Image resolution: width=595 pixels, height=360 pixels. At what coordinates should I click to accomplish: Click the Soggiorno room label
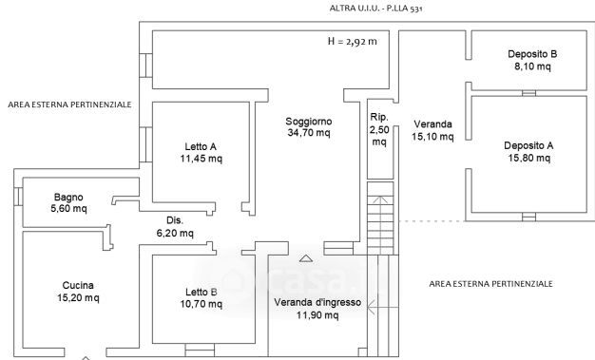click(x=309, y=122)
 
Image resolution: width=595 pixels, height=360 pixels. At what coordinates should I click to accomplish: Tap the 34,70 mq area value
click(x=309, y=133)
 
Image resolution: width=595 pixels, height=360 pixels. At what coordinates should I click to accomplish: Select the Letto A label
click(x=201, y=146)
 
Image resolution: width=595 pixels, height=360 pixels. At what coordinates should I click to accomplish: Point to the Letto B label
click(x=202, y=293)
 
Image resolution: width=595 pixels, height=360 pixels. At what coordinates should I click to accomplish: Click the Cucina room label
click(x=78, y=285)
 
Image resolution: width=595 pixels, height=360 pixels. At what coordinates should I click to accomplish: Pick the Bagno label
click(x=68, y=197)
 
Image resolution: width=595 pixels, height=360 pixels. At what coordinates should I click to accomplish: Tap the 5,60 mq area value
click(x=68, y=208)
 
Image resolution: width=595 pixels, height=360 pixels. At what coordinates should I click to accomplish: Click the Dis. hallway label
click(x=175, y=220)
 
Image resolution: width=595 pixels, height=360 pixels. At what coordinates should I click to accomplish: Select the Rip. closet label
click(x=379, y=117)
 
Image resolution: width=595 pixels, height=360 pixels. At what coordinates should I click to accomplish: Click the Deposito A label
click(x=528, y=145)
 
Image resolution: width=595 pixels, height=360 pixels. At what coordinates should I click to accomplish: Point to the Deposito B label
click(x=532, y=54)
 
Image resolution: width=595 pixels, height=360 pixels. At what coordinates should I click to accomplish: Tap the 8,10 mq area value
click(x=532, y=66)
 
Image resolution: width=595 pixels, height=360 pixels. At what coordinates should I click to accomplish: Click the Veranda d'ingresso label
click(x=317, y=302)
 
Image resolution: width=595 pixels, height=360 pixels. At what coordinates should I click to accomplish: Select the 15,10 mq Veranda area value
click(x=432, y=136)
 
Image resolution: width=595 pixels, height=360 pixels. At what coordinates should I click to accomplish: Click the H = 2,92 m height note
click(x=352, y=42)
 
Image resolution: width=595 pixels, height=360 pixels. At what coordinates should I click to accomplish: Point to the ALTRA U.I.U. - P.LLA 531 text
click(x=375, y=9)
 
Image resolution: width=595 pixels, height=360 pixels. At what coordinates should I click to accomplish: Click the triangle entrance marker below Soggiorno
click(x=306, y=258)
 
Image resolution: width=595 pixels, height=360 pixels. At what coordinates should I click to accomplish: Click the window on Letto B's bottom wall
click(x=200, y=351)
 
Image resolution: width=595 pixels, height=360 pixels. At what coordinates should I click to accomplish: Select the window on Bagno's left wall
click(x=18, y=197)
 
